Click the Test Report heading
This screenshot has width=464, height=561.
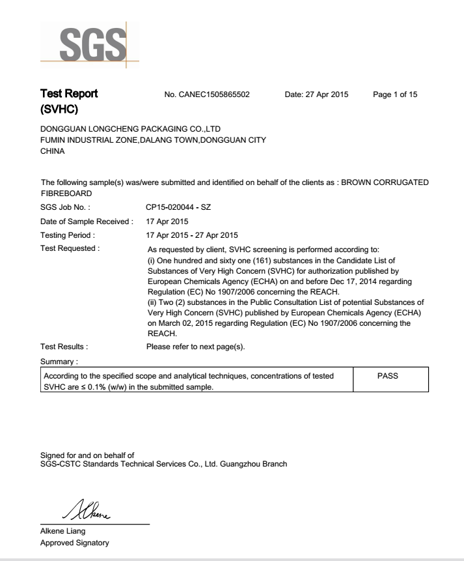[70, 93]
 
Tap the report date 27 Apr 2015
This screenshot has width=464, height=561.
[316, 95]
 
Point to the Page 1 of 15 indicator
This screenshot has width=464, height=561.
[395, 95]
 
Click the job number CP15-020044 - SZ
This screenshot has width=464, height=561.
[179, 207]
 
